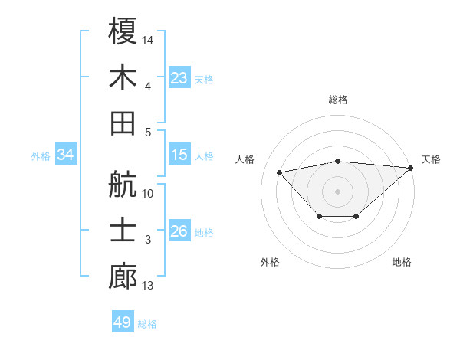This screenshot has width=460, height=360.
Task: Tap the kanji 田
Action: pos(123,123)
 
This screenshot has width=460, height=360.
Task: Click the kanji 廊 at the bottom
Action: pos(123,277)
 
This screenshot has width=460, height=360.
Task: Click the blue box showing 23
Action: pos(179,77)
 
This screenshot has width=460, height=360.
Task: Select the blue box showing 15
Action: pos(179,155)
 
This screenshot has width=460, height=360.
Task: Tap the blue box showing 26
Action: pos(179,231)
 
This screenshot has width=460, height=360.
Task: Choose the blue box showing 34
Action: pos(66,155)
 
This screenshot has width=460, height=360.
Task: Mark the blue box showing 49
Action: pos(123,322)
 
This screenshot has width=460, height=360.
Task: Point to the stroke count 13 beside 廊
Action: pos(148,286)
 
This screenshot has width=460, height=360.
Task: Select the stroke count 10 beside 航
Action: pos(148,194)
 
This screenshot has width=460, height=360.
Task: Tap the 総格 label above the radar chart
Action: pos(338,100)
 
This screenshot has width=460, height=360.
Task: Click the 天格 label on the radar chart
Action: pos(431,159)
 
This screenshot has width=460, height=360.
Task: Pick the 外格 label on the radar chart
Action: pos(270,262)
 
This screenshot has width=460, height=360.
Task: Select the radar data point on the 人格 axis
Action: pos(280,172)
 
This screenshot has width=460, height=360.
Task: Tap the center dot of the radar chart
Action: pos(338,191)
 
